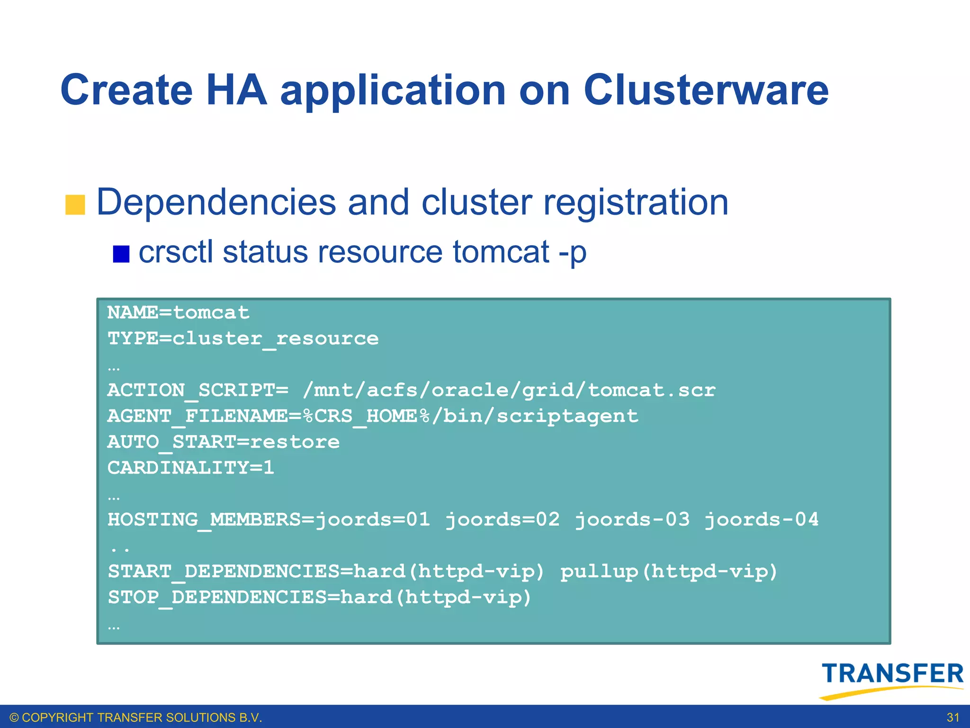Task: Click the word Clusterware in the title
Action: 706,90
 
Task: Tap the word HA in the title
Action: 236,90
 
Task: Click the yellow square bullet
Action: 75,205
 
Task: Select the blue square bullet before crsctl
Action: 121,254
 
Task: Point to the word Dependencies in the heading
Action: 216,203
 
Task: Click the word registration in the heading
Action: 635,203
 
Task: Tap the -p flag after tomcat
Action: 572,253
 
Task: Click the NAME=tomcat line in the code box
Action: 178,313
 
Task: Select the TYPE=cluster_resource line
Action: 243,339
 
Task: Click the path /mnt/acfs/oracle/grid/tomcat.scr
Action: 509,391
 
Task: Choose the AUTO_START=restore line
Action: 224,442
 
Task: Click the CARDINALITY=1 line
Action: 191,468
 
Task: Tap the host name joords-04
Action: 761,520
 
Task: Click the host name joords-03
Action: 632,520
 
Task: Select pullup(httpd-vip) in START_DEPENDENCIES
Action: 669,572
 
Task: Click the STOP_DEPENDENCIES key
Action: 217,598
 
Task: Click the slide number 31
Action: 953,718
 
